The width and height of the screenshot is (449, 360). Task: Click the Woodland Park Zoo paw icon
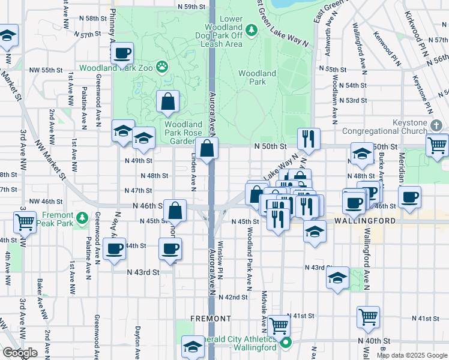tap(162, 67)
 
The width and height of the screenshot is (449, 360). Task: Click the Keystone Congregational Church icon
tap(436, 126)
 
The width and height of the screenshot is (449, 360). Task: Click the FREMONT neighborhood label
tap(210, 318)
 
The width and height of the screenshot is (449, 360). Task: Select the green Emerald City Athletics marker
tap(286, 344)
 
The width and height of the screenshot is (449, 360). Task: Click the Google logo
tap(20, 352)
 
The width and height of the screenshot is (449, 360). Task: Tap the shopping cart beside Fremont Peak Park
tap(25, 222)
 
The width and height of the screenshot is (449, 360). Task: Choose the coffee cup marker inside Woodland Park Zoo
tap(122, 53)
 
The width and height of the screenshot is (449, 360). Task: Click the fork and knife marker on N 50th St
tap(309, 139)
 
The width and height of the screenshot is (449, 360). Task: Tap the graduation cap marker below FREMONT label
tap(193, 347)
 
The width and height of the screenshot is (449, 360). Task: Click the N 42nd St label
tap(233, 297)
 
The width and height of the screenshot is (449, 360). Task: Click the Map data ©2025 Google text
tap(411, 355)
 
